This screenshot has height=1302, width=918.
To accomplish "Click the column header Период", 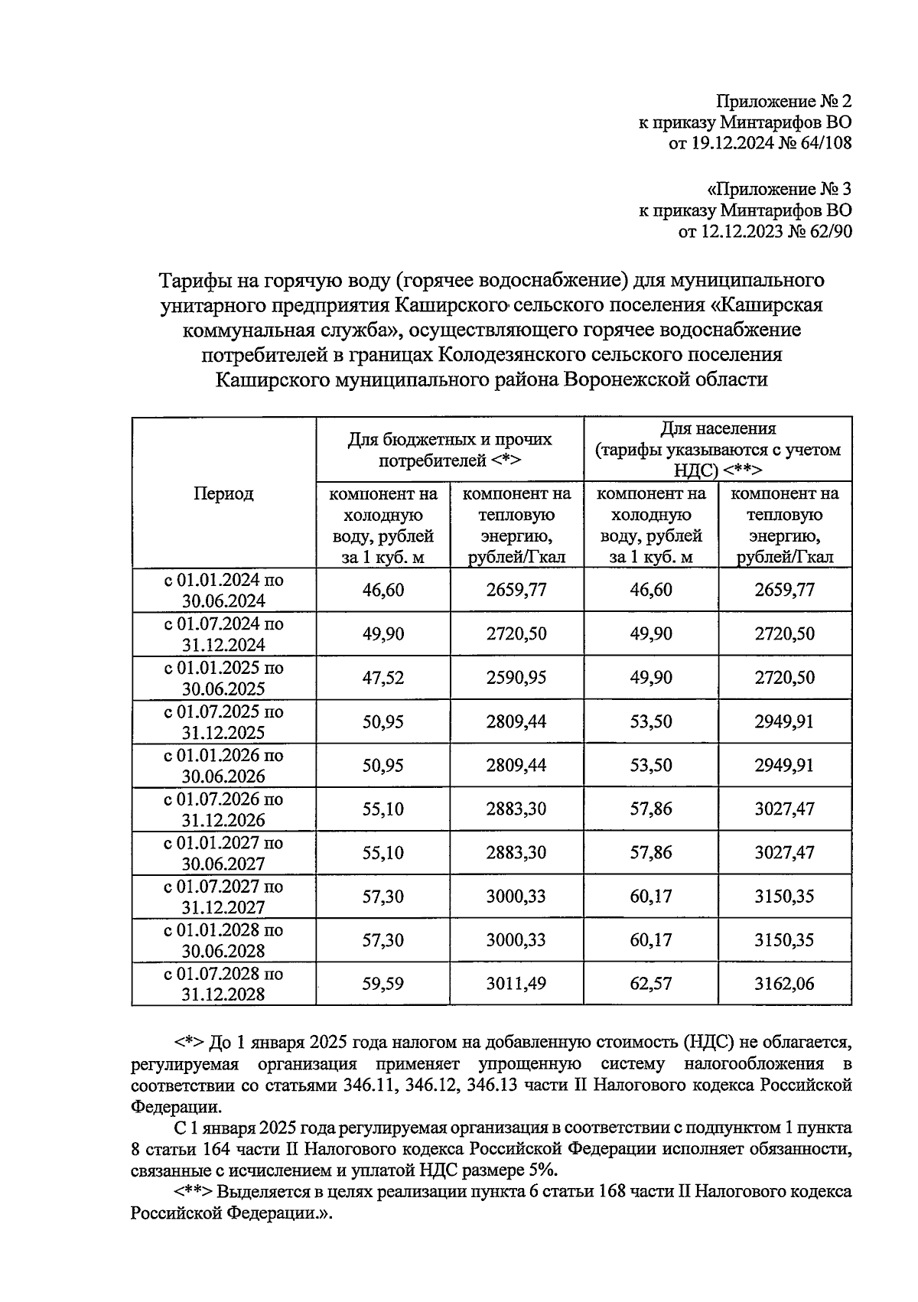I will (x=223, y=493).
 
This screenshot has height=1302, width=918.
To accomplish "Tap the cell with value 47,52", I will (x=383, y=678).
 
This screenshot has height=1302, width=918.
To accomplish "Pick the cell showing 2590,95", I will (x=516, y=678).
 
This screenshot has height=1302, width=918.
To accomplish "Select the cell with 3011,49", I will (x=516, y=984).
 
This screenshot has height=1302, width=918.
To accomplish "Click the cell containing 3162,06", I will (x=784, y=984).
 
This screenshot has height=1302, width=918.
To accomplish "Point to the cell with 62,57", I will (x=651, y=984).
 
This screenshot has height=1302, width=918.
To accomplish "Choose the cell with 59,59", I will (x=383, y=984).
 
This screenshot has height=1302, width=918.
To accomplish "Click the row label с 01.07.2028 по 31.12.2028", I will (x=223, y=984).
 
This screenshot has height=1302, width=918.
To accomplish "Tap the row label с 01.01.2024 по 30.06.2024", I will (x=223, y=590).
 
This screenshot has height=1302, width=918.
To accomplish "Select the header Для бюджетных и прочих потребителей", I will (x=450, y=450).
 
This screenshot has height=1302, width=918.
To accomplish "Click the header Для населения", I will (x=718, y=429).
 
